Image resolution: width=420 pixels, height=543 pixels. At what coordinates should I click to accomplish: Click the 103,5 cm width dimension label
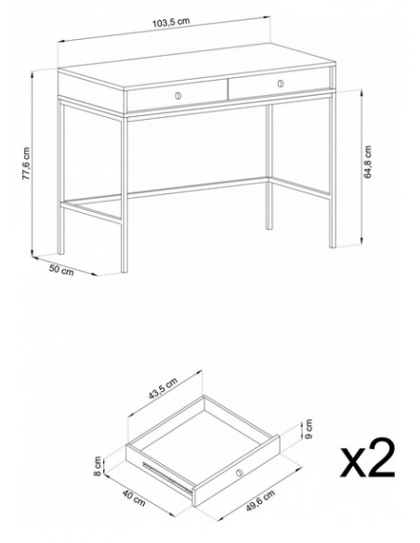click(x=171, y=21)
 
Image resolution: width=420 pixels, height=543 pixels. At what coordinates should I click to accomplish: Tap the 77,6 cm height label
click(x=26, y=164)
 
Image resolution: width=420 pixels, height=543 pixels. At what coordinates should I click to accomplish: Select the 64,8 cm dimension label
click(x=367, y=162)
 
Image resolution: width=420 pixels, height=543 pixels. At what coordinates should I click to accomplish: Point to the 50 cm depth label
click(x=61, y=270)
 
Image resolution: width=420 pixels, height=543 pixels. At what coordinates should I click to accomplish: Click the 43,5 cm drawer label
click(x=163, y=389)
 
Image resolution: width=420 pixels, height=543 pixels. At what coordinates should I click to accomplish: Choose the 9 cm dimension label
click(x=308, y=429)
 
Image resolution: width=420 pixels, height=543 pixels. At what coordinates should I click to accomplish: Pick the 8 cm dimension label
click(x=98, y=466)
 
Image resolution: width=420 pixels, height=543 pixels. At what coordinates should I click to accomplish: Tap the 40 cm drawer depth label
click(x=134, y=497)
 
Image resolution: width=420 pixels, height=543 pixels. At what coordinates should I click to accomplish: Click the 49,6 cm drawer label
click(x=260, y=500)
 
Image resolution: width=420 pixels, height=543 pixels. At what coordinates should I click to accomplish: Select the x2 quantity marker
click(x=367, y=457)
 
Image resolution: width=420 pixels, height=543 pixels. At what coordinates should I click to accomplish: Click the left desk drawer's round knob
click(x=178, y=96)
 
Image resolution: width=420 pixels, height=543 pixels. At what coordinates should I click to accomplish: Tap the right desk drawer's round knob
click(x=281, y=84)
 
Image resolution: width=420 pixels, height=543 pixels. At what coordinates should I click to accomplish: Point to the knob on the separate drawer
click(x=240, y=472)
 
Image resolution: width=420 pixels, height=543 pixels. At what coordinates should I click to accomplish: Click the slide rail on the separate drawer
click(x=166, y=476)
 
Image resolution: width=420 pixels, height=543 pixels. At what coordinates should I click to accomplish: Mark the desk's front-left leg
click(x=125, y=194)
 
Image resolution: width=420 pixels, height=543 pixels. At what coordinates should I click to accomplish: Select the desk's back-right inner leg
click(x=269, y=166)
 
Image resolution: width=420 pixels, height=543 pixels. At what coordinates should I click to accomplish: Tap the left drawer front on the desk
click(x=177, y=96)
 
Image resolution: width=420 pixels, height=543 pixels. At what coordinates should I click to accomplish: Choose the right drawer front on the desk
click(x=279, y=84)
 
